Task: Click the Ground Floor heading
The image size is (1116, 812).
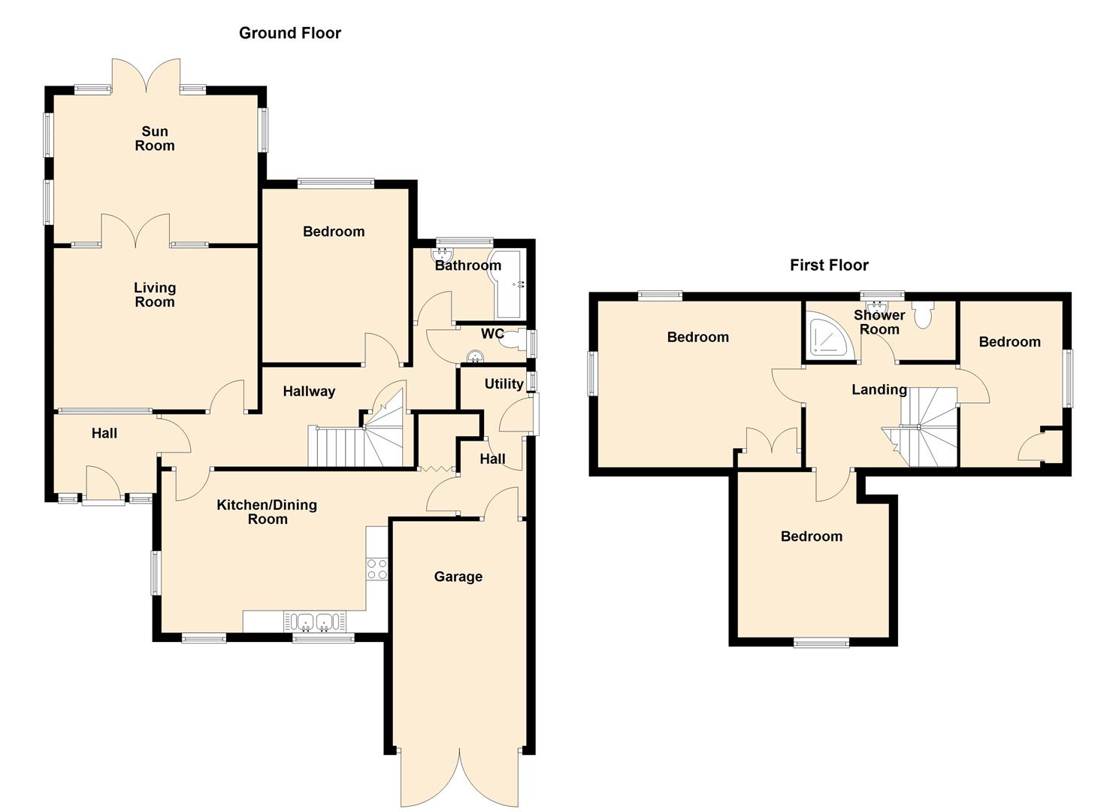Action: pyautogui.click(x=290, y=33)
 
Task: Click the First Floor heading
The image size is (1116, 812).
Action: pyautogui.click(x=829, y=265)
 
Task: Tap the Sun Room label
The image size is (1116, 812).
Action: pyautogui.click(x=155, y=138)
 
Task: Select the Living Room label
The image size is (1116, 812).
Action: pyautogui.click(x=155, y=295)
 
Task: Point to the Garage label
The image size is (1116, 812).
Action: pyautogui.click(x=458, y=577)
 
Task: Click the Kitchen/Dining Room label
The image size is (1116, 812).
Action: pyautogui.click(x=268, y=512)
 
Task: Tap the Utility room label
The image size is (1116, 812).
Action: pyautogui.click(x=504, y=383)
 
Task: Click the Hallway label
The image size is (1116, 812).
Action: pyautogui.click(x=309, y=391)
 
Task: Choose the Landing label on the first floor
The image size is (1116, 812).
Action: pyautogui.click(x=879, y=389)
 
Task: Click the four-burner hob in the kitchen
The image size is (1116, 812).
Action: pyautogui.click(x=377, y=568)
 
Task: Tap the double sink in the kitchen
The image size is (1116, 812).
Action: pyautogui.click(x=314, y=622)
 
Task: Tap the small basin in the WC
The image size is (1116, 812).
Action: pyautogui.click(x=475, y=356)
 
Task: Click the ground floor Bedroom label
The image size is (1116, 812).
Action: pyautogui.click(x=334, y=232)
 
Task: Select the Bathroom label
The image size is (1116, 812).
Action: pyautogui.click(x=468, y=265)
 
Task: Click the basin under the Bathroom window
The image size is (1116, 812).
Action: pyautogui.click(x=442, y=255)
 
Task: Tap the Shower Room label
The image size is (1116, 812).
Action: pyautogui.click(x=879, y=322)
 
